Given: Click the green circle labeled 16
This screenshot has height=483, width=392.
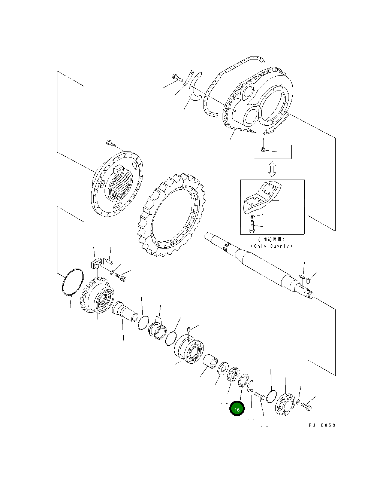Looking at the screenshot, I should [x=237, y=409].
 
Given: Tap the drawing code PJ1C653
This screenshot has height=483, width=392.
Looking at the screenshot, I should [x=322, y=425].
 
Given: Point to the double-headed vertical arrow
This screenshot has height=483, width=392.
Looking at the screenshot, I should [x=272, y=169].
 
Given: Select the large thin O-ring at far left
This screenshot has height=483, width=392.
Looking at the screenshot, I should [x=72, y=282].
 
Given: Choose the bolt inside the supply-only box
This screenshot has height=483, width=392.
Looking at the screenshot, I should [x=251, y=226].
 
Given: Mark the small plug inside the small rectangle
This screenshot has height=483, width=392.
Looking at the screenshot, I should [x=263, y=150].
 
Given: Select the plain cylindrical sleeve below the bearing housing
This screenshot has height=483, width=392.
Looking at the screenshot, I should [x=209, y=361].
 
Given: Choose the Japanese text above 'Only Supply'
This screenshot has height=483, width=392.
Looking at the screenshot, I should [x=271, y=239].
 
